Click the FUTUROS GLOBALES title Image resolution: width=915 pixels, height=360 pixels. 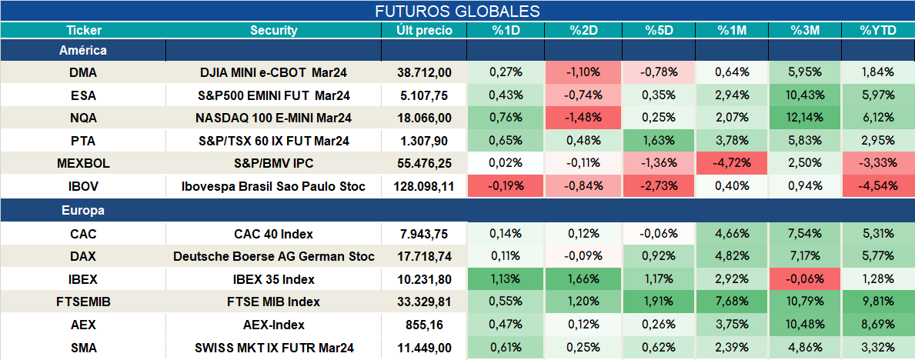pos(457,11)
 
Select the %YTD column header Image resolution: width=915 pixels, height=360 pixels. pos(877,31)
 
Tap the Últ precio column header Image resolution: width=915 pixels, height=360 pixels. pos(424,31)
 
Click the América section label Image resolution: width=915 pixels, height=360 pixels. pos(83,51)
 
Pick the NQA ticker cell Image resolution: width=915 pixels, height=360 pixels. pos(83,118)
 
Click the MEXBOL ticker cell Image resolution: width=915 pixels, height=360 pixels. pos(83,164)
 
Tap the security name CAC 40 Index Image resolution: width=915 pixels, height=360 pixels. pos(273,234)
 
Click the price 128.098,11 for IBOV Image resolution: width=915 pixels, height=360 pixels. pos(423,187)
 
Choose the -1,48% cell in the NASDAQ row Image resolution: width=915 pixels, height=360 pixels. pos(583,118)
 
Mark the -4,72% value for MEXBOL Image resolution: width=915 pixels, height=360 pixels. pos(732,164)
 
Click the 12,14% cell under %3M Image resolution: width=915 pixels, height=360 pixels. pos(805,118)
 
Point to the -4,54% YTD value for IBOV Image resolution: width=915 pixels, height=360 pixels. pos(877,187)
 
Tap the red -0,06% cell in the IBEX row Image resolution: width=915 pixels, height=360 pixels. pos(805,279)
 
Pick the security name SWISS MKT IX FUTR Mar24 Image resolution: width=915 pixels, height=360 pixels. pos(274,348)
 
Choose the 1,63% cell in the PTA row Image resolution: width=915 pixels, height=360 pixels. pos(659,142)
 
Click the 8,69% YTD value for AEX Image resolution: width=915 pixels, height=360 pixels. pos(877,325)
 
